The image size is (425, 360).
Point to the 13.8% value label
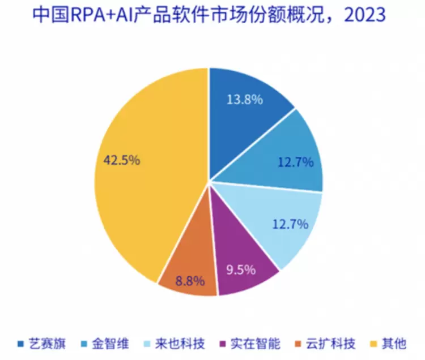244,100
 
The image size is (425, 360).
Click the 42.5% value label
121,160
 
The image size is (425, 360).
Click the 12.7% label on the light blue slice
290,224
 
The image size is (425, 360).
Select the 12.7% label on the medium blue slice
295,163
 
